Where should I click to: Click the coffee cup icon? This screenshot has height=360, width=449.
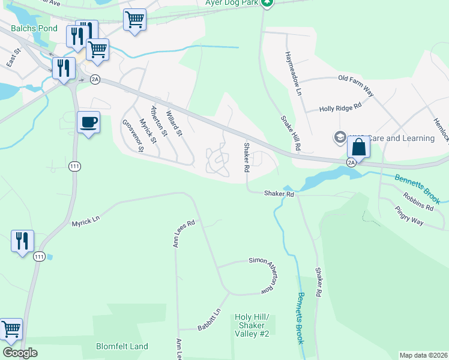(x=89, y=123)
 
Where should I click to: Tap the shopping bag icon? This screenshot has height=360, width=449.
(x=358, y=147)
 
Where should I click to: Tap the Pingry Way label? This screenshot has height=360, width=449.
(x=409, y=217)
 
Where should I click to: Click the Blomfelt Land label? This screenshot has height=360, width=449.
(x=122, y=346)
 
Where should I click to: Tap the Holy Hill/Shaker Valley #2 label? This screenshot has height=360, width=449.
(x=252, y=325)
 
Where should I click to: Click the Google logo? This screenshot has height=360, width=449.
(x=20, y=353)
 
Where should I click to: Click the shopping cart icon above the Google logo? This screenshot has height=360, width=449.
(x=11, y=329)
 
